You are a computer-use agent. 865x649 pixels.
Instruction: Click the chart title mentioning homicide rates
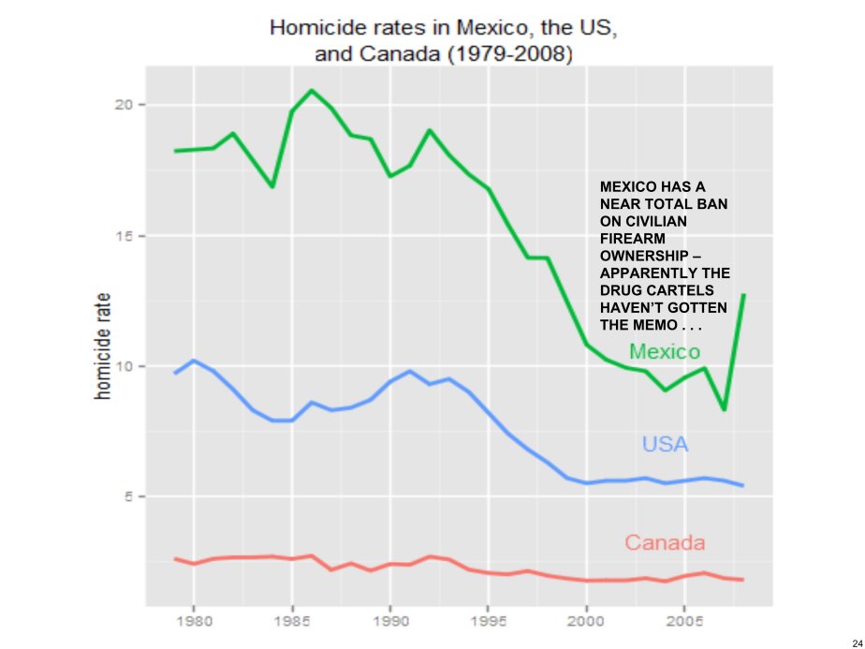click(x=443, y=40)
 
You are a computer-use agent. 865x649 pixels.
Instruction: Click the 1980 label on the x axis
click(x=193, y=620)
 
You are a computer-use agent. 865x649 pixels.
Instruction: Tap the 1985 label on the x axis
click(x=291, y=620)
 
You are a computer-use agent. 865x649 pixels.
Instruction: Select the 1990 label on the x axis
click(x=389, y=620)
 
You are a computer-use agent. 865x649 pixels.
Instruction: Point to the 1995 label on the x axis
click(x=488, y=620)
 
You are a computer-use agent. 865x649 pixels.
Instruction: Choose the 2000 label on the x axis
click(x=586, y=620)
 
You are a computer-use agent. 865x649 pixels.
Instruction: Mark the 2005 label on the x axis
click(x=684, y=620)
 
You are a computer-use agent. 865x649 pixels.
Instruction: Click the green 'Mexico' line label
click(x=665, y=352)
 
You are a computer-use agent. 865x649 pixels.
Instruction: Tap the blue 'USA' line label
click(x=665, y=444)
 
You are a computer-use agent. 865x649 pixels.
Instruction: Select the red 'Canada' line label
click(x=665, y=542)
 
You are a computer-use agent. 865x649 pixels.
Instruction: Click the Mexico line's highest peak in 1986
click(x=312, y=90)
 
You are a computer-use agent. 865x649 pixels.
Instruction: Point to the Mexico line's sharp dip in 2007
click(x=724, y=409)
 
